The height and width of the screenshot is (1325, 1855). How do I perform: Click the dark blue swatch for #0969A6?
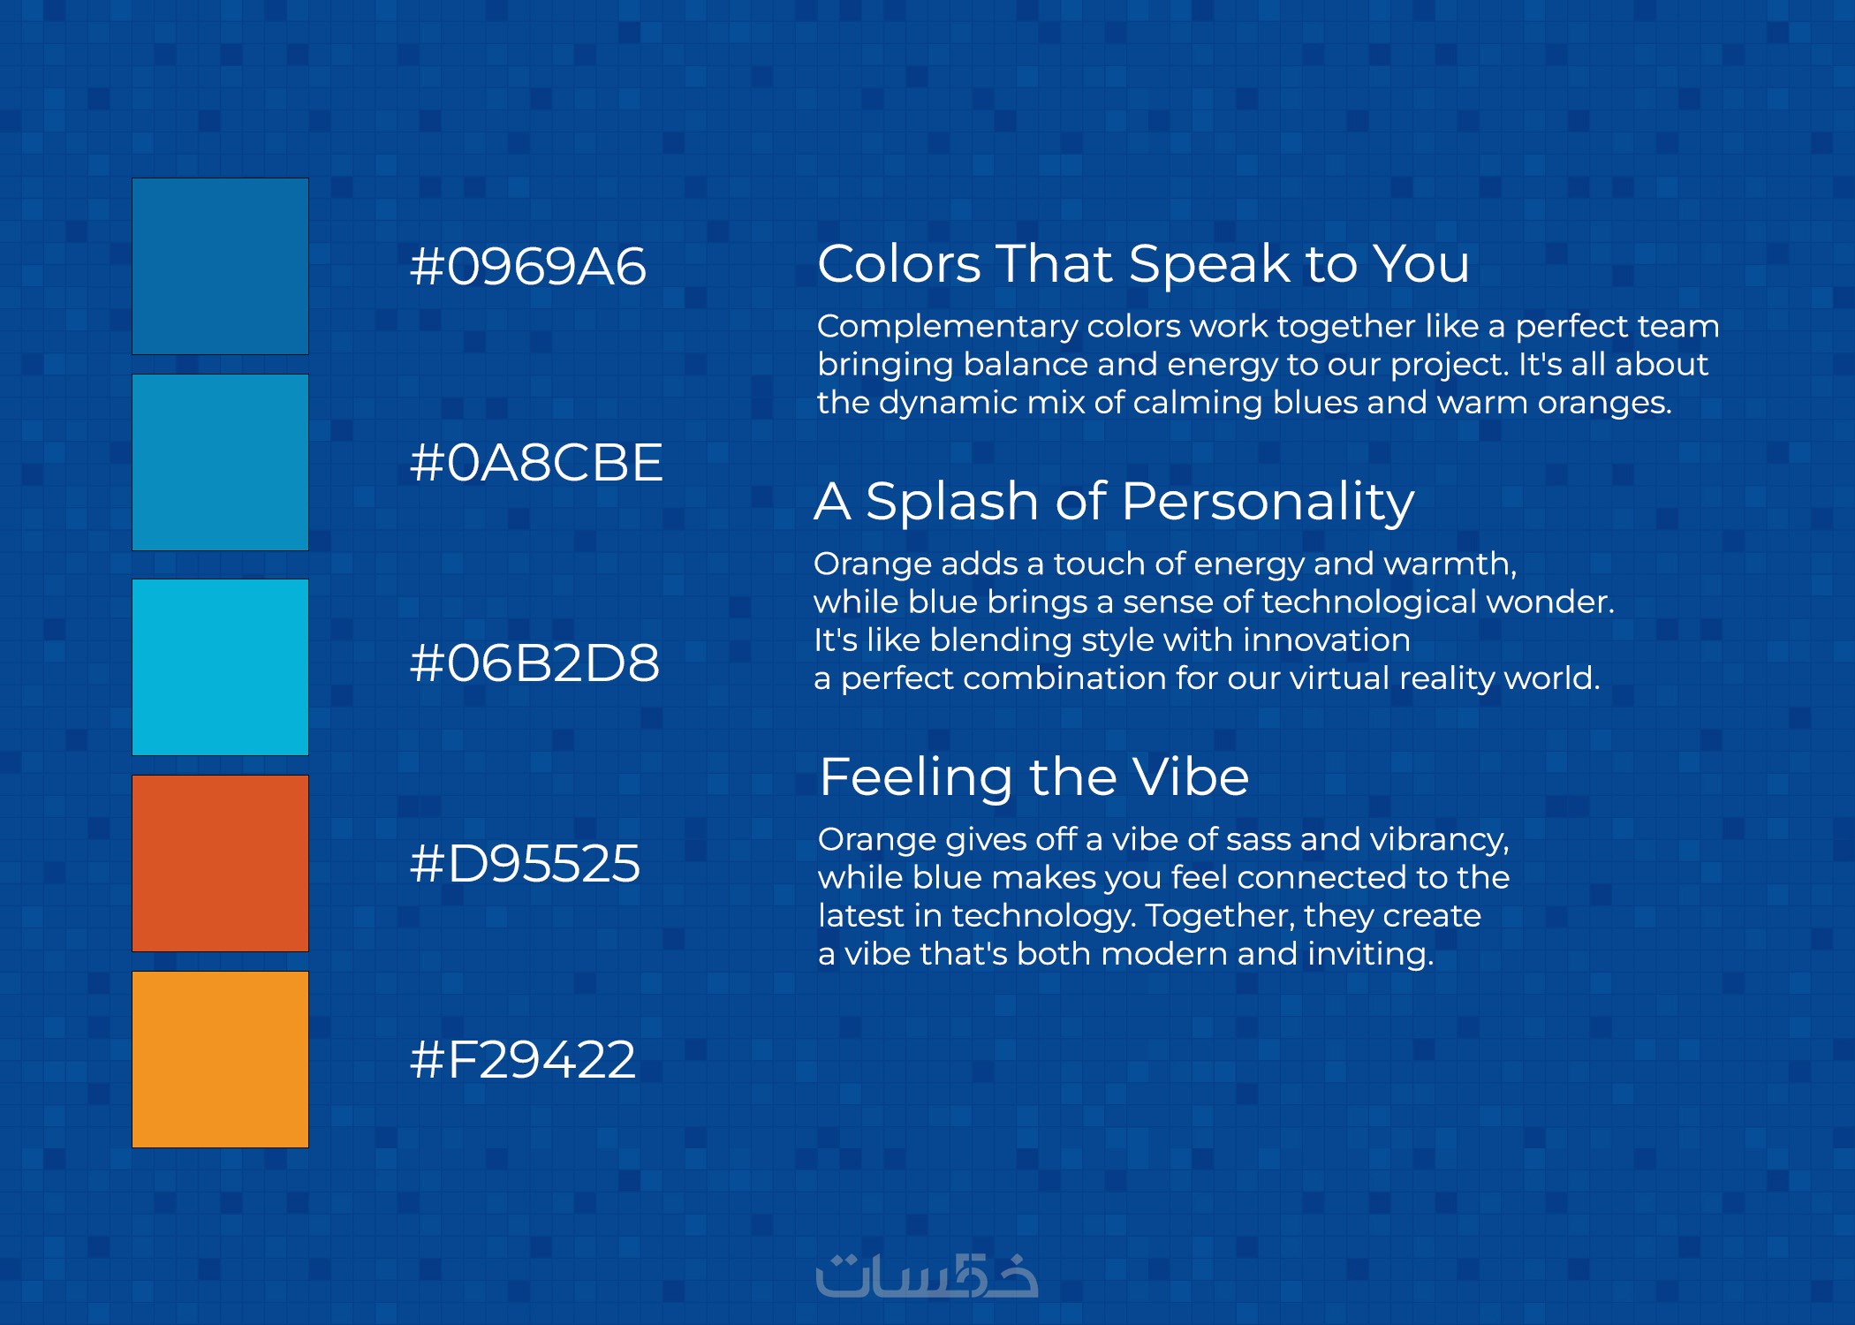click(220, 266)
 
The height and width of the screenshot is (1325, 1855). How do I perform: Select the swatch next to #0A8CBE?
click(220, 462)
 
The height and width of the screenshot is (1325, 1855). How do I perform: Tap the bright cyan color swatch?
click(220, 667)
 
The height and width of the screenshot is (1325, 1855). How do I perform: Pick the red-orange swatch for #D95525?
click(220, 863)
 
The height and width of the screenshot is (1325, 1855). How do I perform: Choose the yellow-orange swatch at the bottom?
click(220, 1059)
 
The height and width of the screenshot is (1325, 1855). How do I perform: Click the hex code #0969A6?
click(528, 266)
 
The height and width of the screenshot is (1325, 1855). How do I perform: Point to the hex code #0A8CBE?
click(536, 462)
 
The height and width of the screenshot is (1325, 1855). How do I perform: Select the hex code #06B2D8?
click(534, 663)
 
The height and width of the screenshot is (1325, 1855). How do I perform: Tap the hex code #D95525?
click(525, 863)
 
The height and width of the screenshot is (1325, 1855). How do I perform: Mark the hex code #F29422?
click(523, 1059)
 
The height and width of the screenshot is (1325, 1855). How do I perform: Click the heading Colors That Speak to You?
click(1144, 263)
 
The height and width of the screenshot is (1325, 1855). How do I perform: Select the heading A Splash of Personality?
click(1114, 502)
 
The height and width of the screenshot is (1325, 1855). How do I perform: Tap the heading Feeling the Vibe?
click(1034, 776)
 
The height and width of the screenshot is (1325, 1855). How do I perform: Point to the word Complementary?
click(948, 327)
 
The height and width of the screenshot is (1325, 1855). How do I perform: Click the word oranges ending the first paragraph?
click(1605, 404)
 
